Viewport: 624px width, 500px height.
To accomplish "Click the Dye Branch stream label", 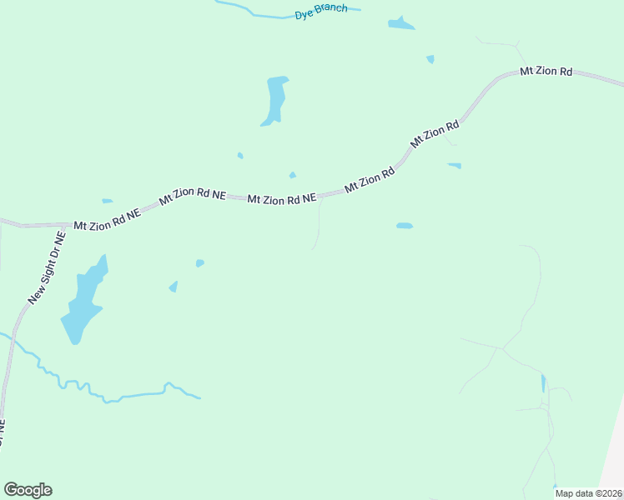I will point(321,12).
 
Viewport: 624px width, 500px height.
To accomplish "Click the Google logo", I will point(28,490).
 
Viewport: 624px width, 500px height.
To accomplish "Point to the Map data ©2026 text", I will point(588,493).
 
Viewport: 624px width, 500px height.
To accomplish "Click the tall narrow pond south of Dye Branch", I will point(275,100).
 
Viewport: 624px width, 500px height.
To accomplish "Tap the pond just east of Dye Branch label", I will point(401,24).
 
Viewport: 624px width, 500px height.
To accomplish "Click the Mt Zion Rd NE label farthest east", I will point(282,198).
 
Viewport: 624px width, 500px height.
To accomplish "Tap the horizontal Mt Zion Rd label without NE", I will point(546,72).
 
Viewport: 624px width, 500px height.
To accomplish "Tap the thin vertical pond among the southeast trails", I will point(543,383).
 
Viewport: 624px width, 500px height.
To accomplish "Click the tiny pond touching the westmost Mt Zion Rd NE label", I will point(107,201).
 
